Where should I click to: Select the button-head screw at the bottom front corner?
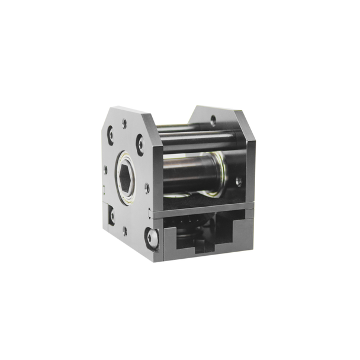pos(153,238)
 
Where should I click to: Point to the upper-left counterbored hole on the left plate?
pos(111,134)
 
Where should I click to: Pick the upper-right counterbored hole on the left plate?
pos(140,143)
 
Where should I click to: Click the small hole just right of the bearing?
pos(147,188)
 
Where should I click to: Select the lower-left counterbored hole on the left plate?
pos(111,215)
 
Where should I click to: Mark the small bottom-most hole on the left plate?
pos(124,230)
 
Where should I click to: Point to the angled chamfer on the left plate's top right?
pos(147,118)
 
